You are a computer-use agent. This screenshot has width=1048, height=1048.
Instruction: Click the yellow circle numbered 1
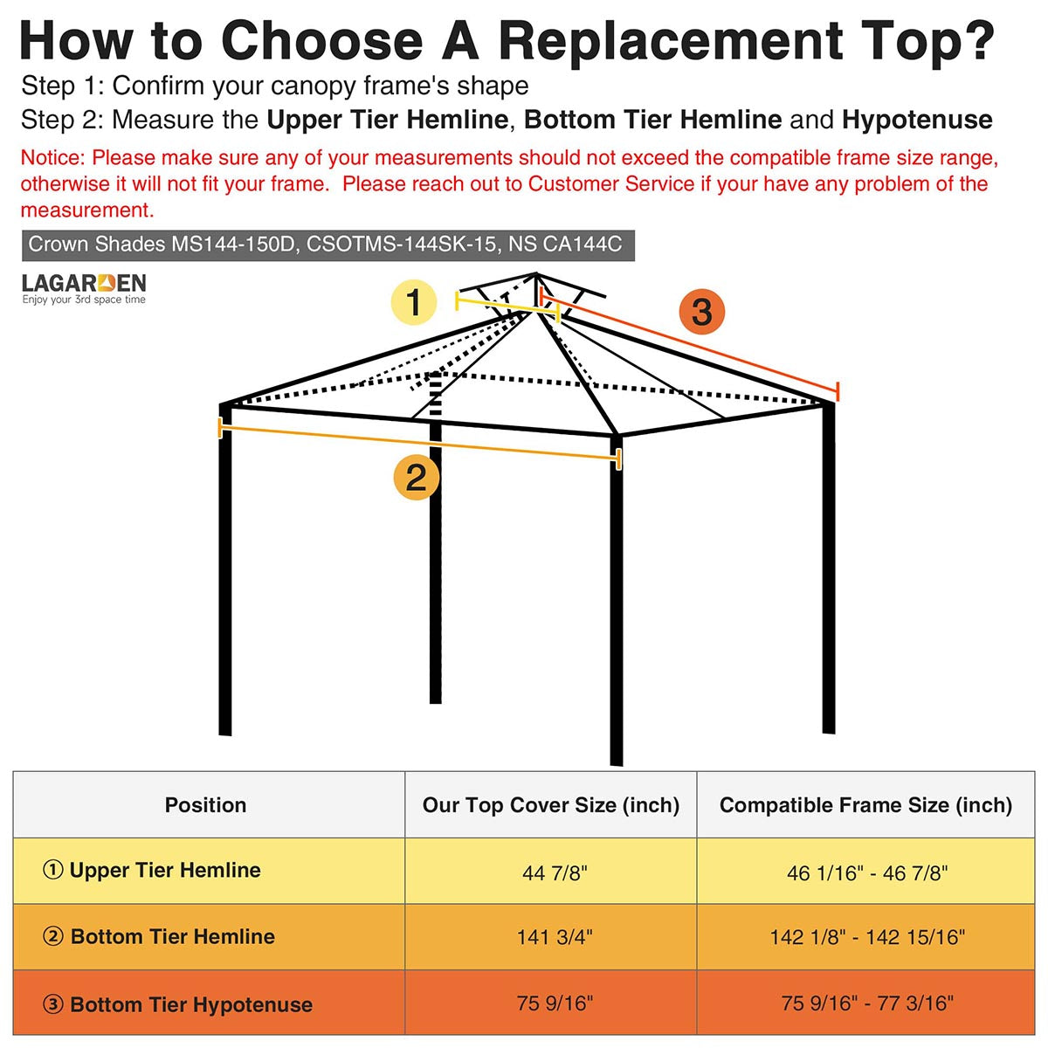coord(414,302)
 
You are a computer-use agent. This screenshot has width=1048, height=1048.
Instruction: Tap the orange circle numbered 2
coord(417,478)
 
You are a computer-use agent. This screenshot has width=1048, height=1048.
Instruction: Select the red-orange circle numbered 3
coord(701,312)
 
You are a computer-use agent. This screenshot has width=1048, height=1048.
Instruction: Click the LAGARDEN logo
coord(84,288)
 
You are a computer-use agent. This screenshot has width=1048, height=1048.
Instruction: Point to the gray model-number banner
coord(328,245)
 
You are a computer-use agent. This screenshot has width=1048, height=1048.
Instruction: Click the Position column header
coord(205,805)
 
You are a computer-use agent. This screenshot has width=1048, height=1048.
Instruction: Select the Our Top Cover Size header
coord(551,805)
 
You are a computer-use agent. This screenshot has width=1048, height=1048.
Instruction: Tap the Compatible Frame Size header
coord(865,805)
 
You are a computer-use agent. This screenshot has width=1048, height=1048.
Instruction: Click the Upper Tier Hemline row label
coord(152,870)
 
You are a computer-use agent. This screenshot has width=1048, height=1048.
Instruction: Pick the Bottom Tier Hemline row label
coord(159,936)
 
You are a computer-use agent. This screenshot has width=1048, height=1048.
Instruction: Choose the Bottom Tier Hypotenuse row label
coord(178,1004)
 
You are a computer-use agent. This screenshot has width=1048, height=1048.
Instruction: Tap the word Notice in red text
coord(52,158)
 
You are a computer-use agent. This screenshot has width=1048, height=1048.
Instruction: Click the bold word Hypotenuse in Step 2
coord(917,121)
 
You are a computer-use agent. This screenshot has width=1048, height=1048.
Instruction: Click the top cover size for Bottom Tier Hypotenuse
coord(555,1003)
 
